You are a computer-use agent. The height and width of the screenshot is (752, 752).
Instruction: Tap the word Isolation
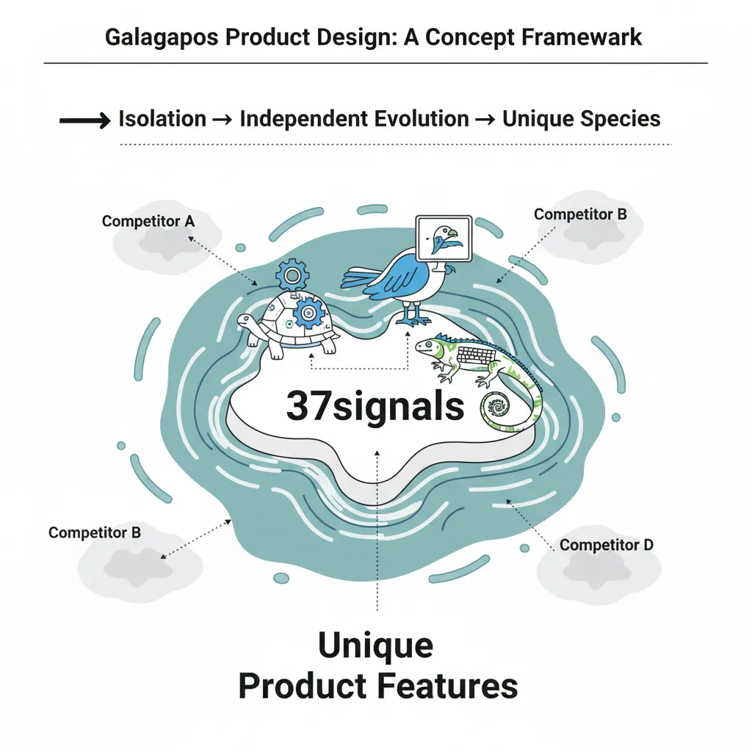[x=162, y=119]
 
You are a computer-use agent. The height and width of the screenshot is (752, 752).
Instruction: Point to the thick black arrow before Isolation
[x=85, y=120]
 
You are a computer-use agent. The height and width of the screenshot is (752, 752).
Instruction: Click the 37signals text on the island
[x=375, y=406]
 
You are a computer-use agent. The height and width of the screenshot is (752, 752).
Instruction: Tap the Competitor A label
[x=148, y=221]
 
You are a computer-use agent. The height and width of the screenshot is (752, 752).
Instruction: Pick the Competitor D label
[x=606, y=545]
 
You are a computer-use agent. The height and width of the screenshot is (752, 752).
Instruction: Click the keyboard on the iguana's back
[x=477, y=358]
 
